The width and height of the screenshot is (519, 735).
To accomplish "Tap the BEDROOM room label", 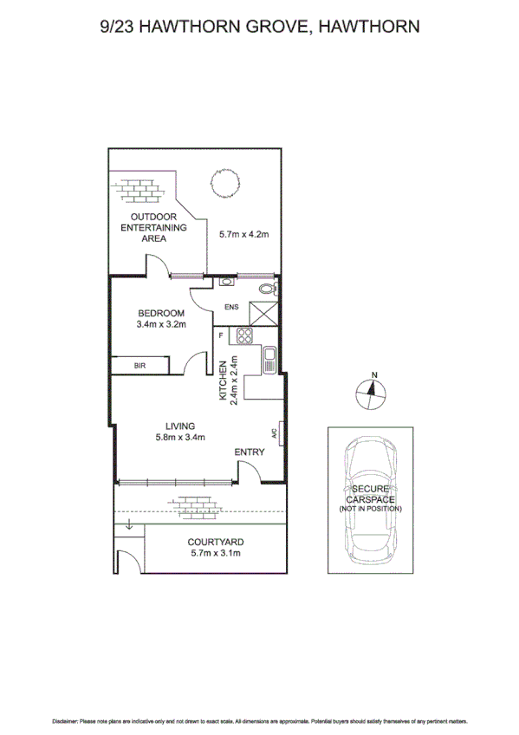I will click(x=160, y=313).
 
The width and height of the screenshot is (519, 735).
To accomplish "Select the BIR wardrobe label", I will click(x=139, y=367).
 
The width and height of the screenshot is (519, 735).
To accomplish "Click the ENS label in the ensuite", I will click(x=231, y=307).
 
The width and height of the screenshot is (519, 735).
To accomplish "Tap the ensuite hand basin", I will click(x=225, y=282).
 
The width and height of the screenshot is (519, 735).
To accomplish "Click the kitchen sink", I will click(x=269, y=355).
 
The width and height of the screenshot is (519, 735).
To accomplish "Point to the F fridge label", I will click(x=221, y=335).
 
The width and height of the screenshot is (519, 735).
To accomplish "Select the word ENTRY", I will click(x=250, y=452).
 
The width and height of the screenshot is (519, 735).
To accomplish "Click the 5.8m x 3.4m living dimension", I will click(x=180, y=437).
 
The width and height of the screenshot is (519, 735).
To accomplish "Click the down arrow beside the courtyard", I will click(x=128, y=525).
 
